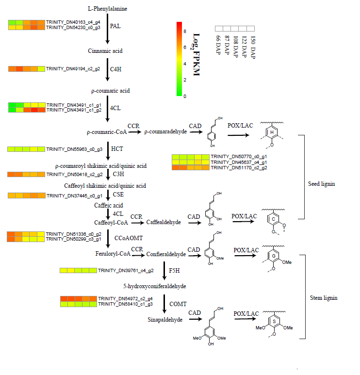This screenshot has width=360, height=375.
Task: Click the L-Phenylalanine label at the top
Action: pos(108,9)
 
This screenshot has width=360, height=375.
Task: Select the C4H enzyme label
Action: pos(115,69)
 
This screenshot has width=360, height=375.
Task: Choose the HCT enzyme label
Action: pos(116,149)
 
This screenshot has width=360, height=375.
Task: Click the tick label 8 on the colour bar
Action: pos(185,31)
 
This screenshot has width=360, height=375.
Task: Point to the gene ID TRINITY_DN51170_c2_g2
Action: pos(239,168)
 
